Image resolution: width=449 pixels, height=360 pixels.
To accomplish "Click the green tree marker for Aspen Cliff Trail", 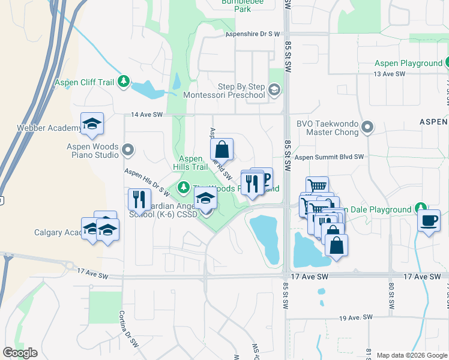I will pyautogui.click(x=124, y=81).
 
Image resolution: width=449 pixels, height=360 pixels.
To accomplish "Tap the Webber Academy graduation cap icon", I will pyautogui.click(x=92, y=124).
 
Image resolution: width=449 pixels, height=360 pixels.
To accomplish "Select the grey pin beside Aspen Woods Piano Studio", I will pyautogui.click(x=127, y=148).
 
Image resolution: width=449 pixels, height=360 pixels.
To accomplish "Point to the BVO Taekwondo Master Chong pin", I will pyautogui.click(x=368, y=127).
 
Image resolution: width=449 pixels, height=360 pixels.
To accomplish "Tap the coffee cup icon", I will pyautogui.click(x=429, y=221).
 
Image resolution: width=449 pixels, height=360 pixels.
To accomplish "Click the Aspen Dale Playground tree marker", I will pyautogui.click(x=422, y=209).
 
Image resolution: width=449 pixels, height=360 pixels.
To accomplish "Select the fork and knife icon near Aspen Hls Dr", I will pyautogui.click(x=139, y=199).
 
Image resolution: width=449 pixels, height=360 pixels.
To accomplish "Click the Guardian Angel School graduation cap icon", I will pyautogui.click(x=205, y=199).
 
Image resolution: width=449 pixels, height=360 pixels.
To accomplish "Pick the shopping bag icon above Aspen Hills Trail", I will pyautogui.click(x=221, y=149).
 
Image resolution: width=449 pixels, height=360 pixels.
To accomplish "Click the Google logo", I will pyautogui.click(x=20, y=353).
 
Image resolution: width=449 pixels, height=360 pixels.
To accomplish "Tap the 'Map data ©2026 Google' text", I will pyautogui.click(x=411, y=355).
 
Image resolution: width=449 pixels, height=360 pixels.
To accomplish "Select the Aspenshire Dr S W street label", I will pyautogui.click(x=253, y=34).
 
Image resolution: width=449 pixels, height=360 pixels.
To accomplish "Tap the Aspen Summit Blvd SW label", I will pyautogui.click(x=330, y=157).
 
